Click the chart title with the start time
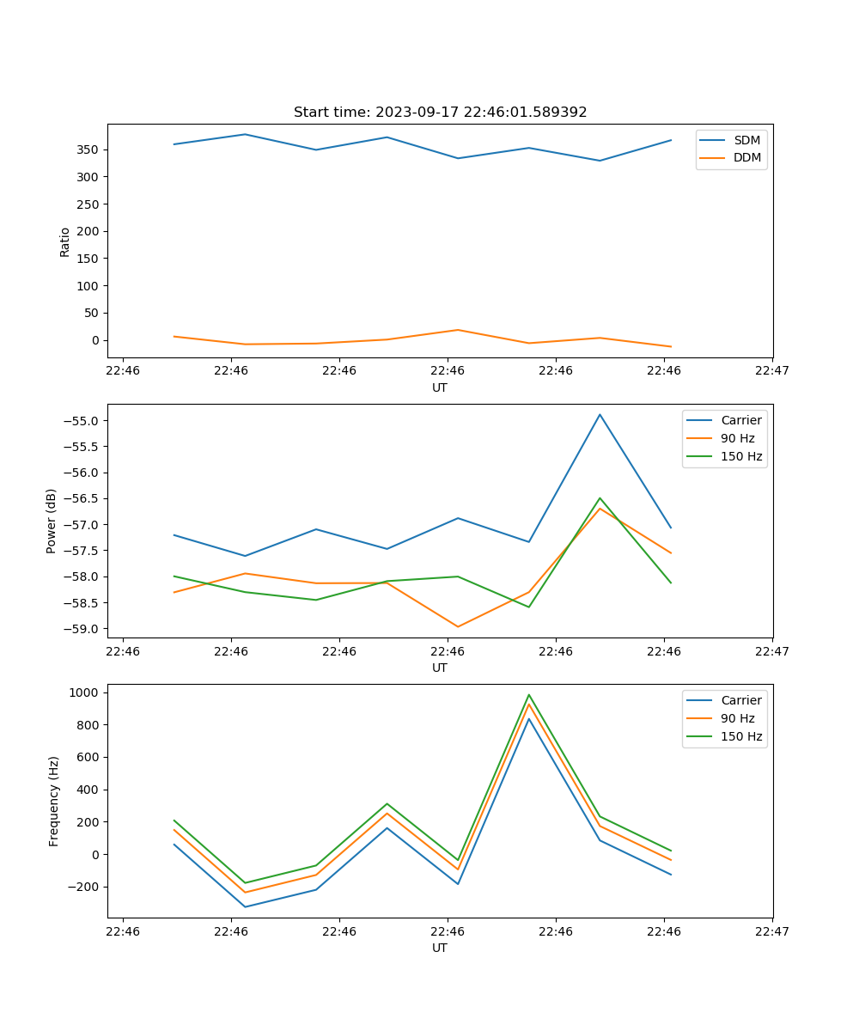[x=440, y=113]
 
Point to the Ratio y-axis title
[x=65, y=241]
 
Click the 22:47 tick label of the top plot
[x=772, y=371]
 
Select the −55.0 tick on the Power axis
[x=82, y=421]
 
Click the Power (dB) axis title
[x=52, y=521]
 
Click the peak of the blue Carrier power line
[x=600, y=415]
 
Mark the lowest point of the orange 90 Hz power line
[x=458, y=626]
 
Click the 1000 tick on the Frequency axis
[x=84, y=692]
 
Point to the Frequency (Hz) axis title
[x=54, y=801]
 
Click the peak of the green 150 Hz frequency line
[x=529, y=695]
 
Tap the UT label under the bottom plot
[x=440, y=948]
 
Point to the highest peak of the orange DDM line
[x=458, y=330]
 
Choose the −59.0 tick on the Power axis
[x=82, y=629]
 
